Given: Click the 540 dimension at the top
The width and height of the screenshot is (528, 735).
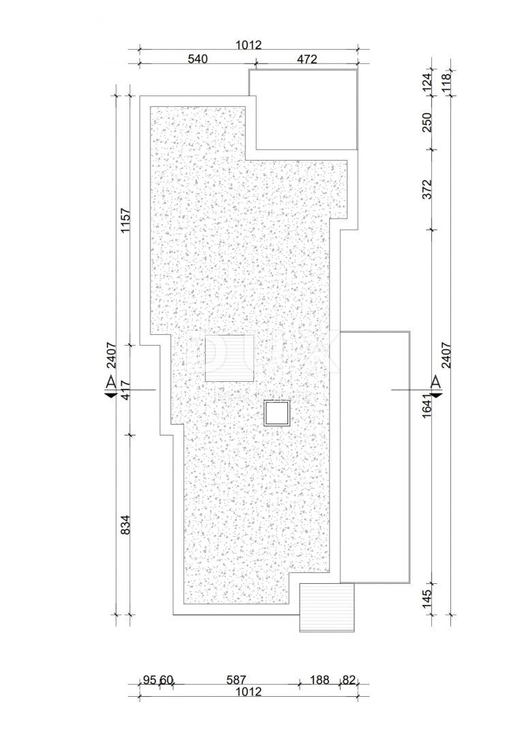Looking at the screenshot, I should click(196, 59).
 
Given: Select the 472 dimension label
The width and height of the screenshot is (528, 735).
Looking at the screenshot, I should click(307, 59).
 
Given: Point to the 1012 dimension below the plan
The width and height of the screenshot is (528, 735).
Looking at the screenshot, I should click(249, 692).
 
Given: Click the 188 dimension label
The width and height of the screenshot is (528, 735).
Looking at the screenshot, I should click(320, 679).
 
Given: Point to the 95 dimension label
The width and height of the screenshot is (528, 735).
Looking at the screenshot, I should click(151, 679).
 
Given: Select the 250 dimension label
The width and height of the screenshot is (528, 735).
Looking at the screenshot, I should click(427, 121).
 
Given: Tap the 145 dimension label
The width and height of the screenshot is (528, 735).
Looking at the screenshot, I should click(427, 599).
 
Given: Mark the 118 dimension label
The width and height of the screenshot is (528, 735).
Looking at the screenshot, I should click(446, 82).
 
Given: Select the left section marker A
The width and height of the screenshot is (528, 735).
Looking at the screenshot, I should click(110, 385).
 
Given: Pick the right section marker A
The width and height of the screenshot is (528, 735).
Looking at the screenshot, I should click(436, 385).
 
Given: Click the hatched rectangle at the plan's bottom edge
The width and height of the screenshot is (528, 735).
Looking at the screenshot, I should click(328, 607).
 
